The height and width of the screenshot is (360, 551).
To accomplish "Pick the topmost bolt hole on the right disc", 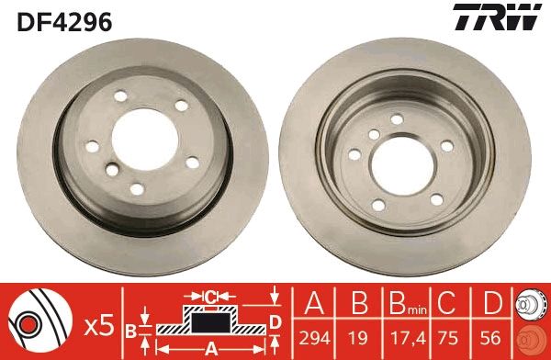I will click(396, 118).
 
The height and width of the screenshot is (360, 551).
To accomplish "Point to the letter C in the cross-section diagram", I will click(211, 295).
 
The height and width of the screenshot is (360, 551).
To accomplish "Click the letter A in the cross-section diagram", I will click(210, 347).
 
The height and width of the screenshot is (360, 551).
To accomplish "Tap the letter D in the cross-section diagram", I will click(275, 321).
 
